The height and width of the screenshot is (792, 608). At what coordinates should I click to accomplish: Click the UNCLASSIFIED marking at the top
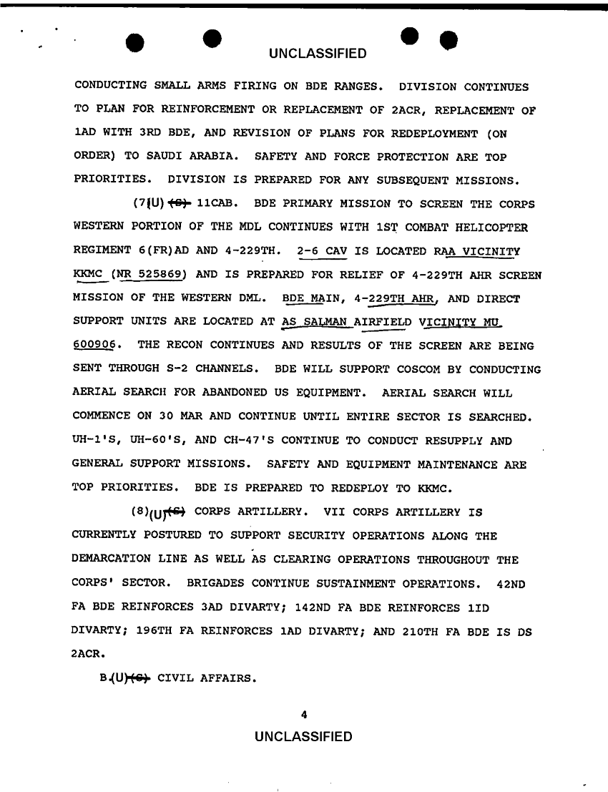coord(318,54)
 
